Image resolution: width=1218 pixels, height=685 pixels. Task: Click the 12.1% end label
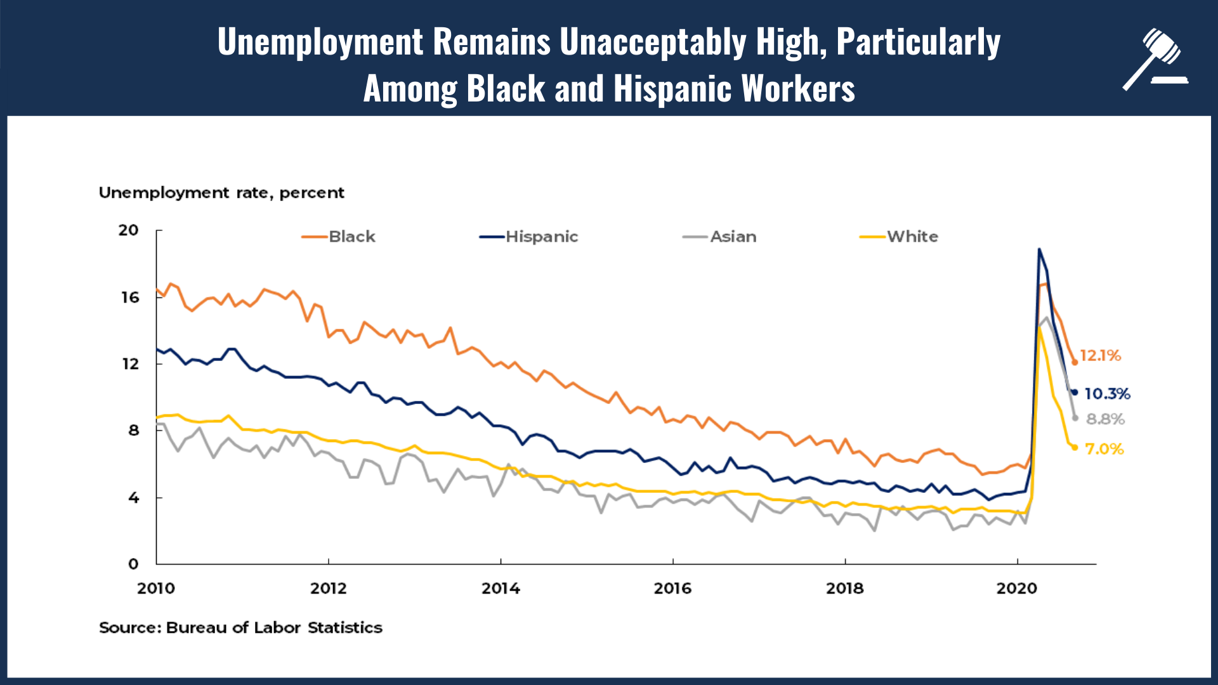pyautogui.click(x=1100, y=356)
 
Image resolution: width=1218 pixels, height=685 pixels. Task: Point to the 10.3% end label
pyautogui.click(x=1107, y=394)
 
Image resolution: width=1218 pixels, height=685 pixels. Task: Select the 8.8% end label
pyautogui.click(x=1105, y=419)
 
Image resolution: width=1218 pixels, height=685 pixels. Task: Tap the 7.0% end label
pyautogui.click(x=1104, y=449)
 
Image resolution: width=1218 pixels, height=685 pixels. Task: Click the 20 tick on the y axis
pyautogui.click(x=129, y=230)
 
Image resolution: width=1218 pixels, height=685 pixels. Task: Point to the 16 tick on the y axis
pyautogui.click(x=130, y=297)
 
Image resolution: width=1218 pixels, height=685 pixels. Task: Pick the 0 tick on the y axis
pyautogui.click(x=133, y=564)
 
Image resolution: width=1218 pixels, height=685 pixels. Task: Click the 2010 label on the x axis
pyautogui.click(x=156, y=589)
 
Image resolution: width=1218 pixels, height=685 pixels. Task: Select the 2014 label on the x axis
pyautogui.click(x=501, y=589)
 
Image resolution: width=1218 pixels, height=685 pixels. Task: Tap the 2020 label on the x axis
pyautogui.click(x=1016, y=589)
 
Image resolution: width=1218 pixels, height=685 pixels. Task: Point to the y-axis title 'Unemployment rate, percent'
pyautogui.click(x=221, y=193)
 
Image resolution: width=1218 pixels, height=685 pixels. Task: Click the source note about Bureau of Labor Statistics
pyautogui.click(x=240, y=628)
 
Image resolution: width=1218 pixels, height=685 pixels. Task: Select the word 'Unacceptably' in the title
pyautogui.click(x=653, y=42)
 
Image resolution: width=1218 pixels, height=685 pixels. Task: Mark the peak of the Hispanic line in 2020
pyautogui.click(x=1039, y=249)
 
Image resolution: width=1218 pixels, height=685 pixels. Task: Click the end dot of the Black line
pyautogui.click(x=1075, y=362)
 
